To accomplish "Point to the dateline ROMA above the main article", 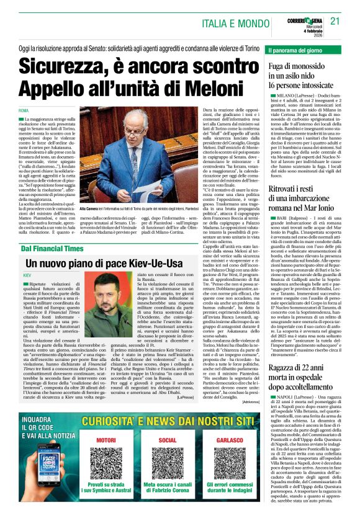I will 24,110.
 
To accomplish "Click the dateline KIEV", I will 27,274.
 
